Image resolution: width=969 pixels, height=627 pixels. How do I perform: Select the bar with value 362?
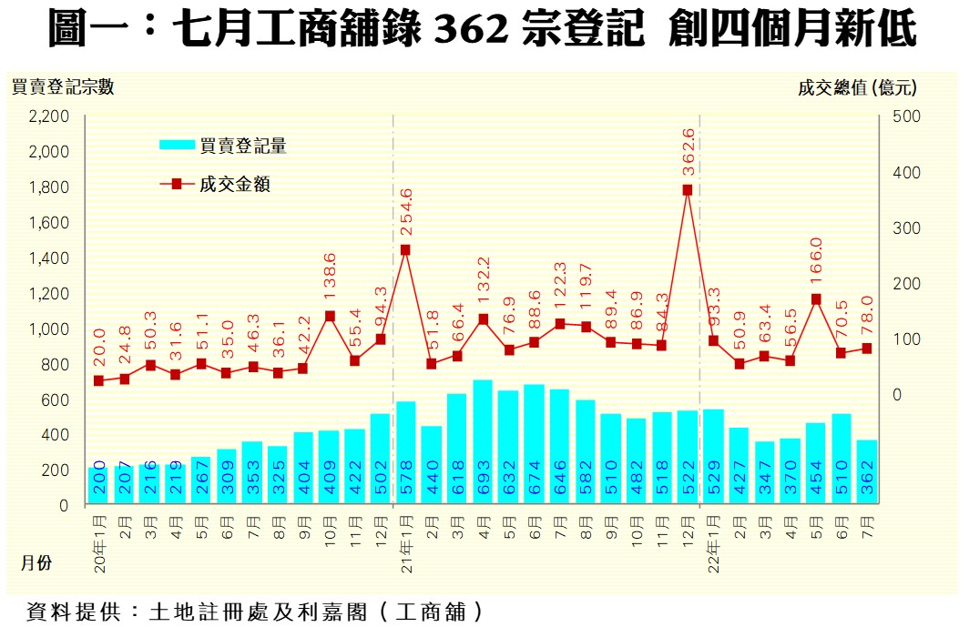866,471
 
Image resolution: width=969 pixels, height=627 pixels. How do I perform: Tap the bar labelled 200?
98,485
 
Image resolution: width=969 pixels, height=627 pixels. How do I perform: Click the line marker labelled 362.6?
688,190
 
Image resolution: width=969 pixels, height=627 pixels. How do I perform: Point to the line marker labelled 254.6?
405,249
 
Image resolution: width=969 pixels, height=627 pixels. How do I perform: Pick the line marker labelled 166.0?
816,298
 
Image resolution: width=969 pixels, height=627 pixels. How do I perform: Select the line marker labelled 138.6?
330,317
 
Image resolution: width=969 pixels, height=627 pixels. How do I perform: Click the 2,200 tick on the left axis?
49,116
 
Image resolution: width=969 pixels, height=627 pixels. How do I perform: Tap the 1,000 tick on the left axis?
49,329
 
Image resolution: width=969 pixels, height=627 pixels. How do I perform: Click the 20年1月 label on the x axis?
98,540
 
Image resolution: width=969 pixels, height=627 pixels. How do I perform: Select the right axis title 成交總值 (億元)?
856,87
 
